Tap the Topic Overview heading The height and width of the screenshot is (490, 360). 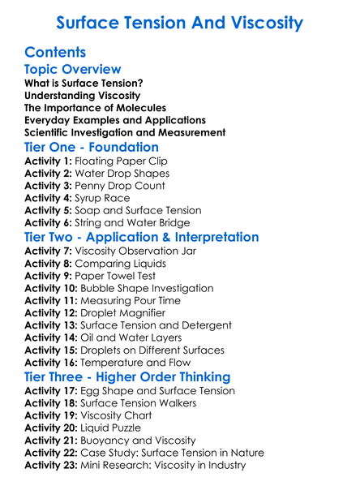(73, 70)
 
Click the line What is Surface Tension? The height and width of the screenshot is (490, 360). (84, 84)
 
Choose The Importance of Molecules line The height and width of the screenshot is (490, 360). (95, 108)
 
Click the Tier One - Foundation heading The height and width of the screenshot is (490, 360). (92, 147)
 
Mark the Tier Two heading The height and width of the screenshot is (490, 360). (142, 237)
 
